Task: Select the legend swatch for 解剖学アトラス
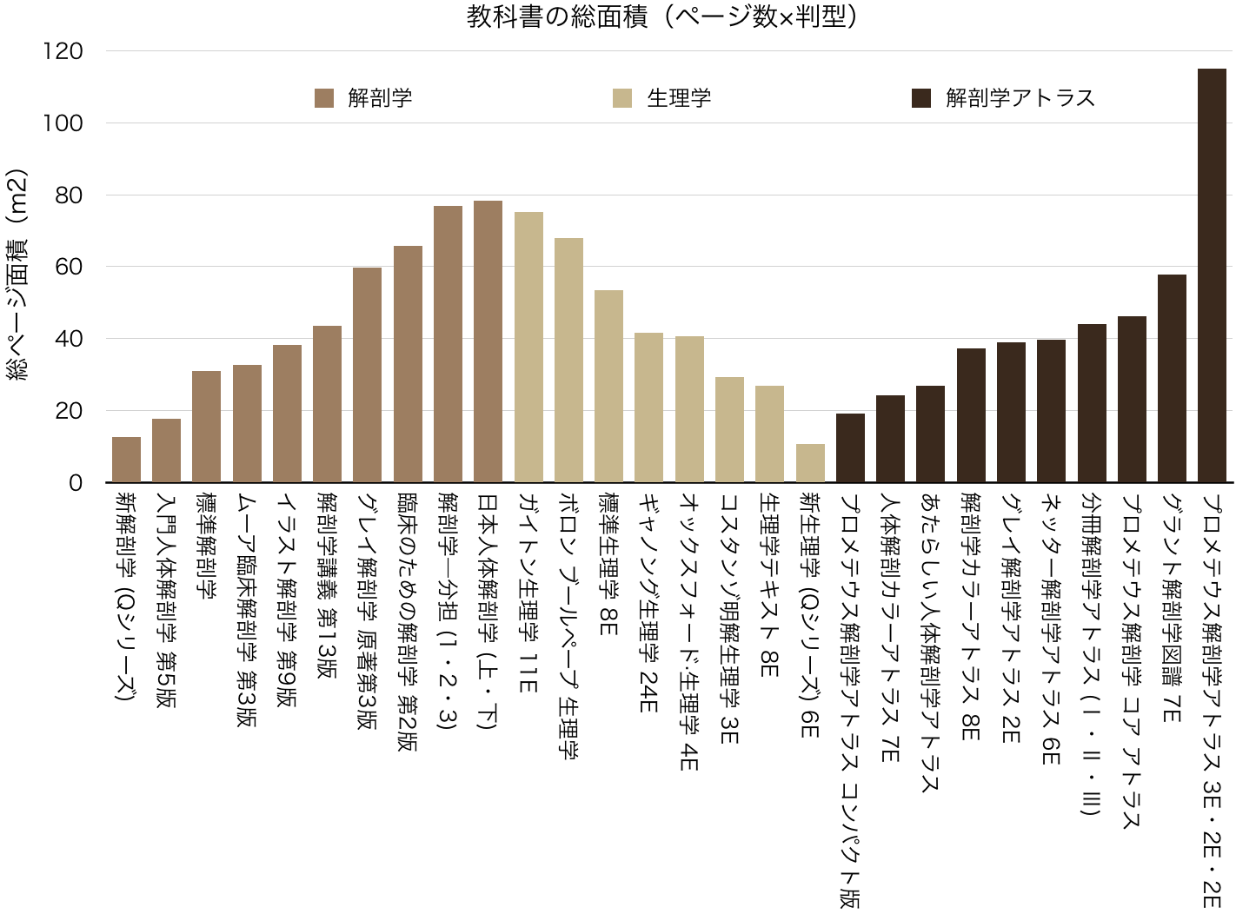pos(920,98)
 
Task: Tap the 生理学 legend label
pos(679,98)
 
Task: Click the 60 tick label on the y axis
pos(69,267)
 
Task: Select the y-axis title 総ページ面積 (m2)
pos(17,275)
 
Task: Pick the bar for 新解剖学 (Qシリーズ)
pos(126,460)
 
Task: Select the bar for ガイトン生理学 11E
pos(528,348)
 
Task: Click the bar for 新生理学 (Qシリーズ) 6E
pos(810,463)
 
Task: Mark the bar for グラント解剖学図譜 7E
pos(1172,378)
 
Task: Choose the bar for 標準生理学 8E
pos(608,386)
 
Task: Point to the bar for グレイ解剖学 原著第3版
pos(367,374)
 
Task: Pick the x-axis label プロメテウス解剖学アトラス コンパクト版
pos(850,700)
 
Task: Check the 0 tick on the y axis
pos(76,483)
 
